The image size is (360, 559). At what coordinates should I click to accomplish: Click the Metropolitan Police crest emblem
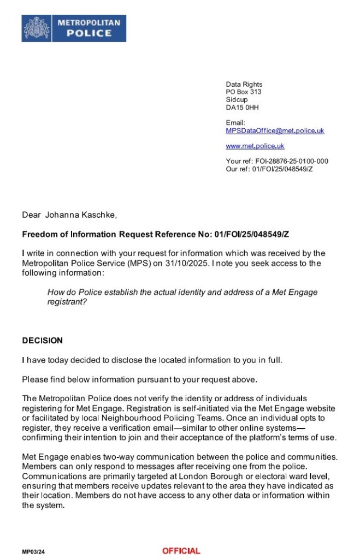(x=37, y=28)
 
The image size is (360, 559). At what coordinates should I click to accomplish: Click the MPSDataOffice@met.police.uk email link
(x=275, y=131)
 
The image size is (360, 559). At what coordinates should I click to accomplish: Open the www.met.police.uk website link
(x=255, y=146)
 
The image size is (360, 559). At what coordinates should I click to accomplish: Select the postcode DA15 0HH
(x=242, y=108)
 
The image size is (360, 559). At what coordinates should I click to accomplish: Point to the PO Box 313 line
(x=244, y=92)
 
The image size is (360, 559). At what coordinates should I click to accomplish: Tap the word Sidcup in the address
(x=237, y=100)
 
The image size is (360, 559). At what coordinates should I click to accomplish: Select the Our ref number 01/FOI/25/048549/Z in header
(x=284, y=169)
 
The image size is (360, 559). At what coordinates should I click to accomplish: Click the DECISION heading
(x=42, y=341)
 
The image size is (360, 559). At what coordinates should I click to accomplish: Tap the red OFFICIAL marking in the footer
(x=181, y=551)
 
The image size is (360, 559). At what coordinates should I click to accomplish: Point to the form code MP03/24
(x=33, y=552)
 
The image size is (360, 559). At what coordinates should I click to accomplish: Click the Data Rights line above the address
(x=244, y=85)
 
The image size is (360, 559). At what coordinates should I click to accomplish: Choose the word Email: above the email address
(x=235, y=123)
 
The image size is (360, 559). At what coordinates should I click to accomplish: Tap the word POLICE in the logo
(x=89, y=33)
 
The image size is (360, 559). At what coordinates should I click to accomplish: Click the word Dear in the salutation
(x=31, y=215)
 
